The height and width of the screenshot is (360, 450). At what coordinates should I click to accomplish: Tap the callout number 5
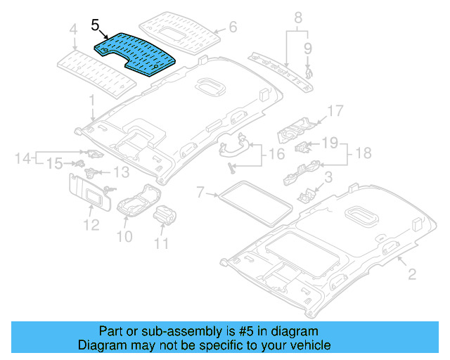coord(96,26)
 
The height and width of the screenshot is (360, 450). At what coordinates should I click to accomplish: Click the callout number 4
coord(73,30)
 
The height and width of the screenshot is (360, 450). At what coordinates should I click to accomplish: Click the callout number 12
coord(89,225)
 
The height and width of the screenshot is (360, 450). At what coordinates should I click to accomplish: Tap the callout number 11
coord(162,244)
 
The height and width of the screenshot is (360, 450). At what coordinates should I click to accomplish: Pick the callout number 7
coord(200,191)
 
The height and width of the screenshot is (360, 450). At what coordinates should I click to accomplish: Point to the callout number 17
coord(335,111)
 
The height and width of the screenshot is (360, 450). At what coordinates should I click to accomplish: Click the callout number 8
coord(297,17)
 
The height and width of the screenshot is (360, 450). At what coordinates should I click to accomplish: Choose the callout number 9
coord(307,48)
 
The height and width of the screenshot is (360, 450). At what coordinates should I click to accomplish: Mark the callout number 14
coord(22,158)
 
